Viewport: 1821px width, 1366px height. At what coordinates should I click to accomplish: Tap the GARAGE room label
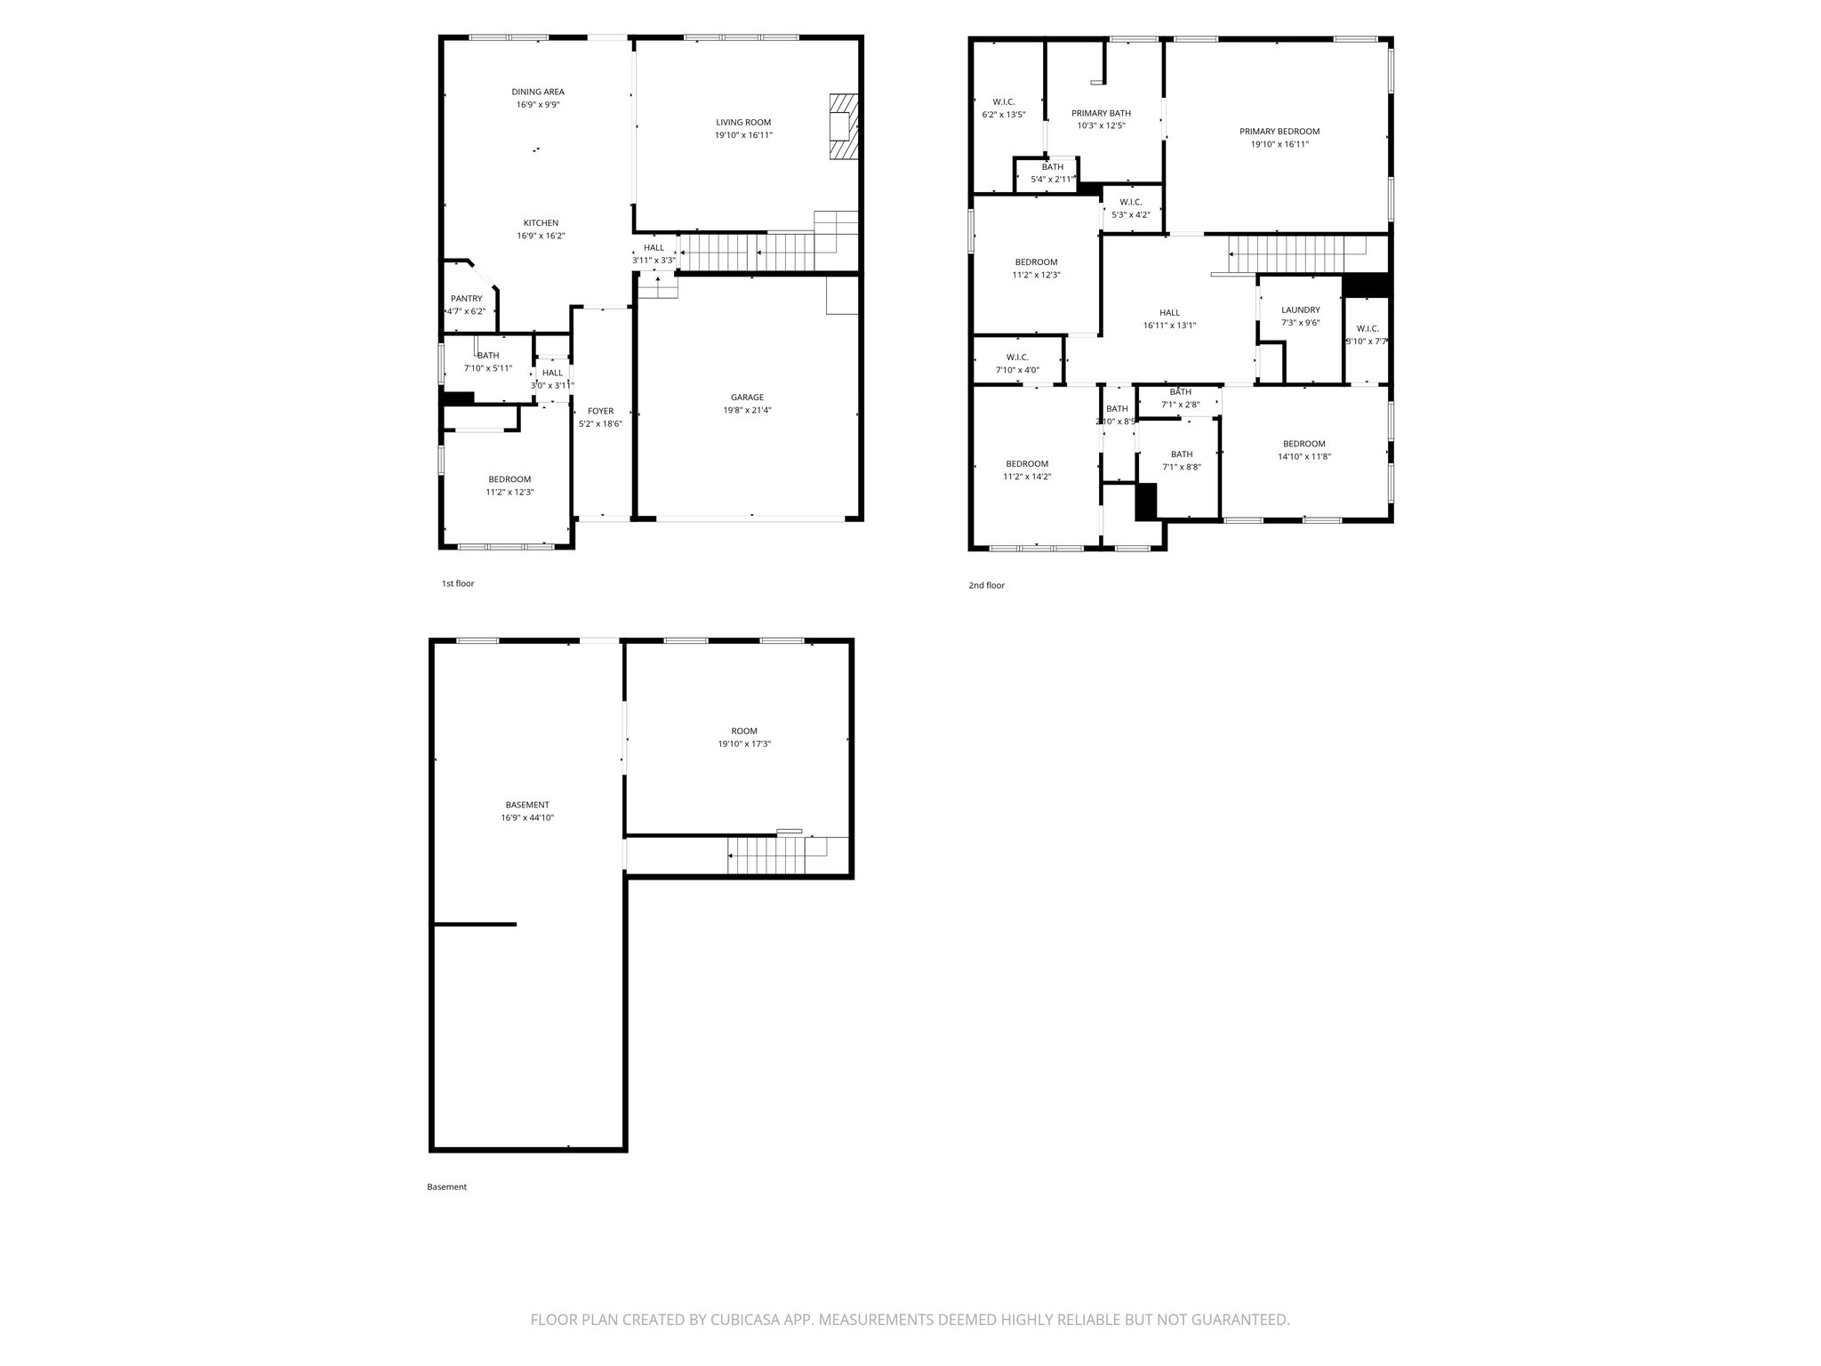pyautogui.click(x=747, y=398)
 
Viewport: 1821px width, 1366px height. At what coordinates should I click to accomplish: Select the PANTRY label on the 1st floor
pyautogui.click(x=466, y=299)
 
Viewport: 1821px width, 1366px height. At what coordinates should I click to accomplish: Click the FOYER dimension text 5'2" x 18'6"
pyautogui.click(x=600, y=424)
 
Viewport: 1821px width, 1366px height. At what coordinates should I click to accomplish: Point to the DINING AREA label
pyautogui.click(x=537, y=92)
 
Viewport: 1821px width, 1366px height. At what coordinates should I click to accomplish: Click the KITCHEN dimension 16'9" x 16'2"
pyautogui.click(x=541, y=236)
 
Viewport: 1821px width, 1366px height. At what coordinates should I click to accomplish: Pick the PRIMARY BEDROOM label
pyautogui.click(x=1280, y=132)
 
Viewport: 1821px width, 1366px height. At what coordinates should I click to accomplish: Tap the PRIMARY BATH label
pyautogui.click(x=1101, y=113)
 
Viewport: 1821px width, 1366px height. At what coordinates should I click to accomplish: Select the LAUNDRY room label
pyautogui.click(x=1300, y=310)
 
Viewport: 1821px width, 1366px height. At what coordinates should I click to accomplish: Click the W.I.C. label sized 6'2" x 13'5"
pyautogui.click(x=1004, y=101)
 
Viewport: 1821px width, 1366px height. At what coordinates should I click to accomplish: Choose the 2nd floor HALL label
pyautogui.click(x=1169, y=312)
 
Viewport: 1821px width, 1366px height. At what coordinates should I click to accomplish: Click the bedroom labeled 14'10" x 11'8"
pyautogui.click(x=1304, y=444)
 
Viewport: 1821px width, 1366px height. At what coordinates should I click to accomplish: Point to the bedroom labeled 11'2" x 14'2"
pyautogui.click(x=1027, y=463)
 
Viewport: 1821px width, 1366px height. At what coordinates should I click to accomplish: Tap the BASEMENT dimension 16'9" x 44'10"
pyautogui.click(x=527, y=817)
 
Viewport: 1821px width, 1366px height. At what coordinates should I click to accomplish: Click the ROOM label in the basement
pyautogui.click(x=744, y=731)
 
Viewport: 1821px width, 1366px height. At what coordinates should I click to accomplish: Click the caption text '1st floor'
pyautogui.click(x=458, y=583)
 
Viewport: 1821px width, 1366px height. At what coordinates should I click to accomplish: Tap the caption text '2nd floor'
pyautogui.click(x=986, y=585)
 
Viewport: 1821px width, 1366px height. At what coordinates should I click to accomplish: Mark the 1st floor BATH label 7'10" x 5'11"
pyautogui.click(x=487, y=356)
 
